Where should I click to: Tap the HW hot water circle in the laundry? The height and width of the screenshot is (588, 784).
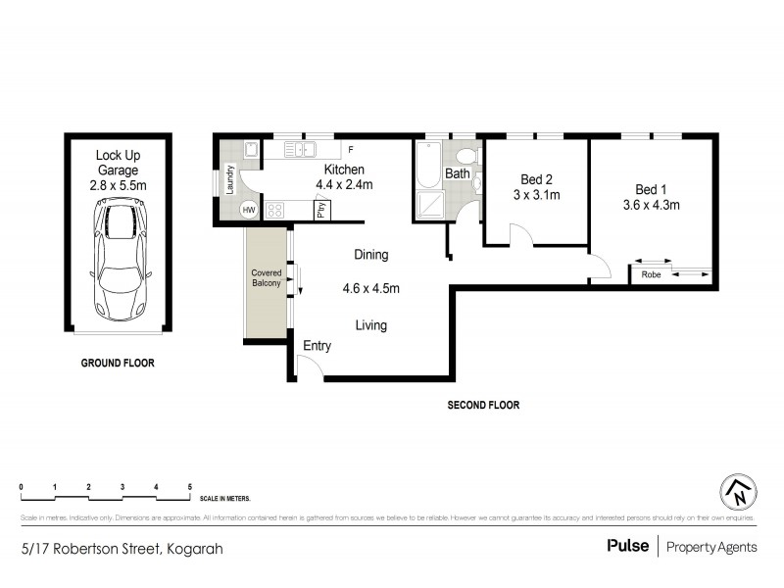249,210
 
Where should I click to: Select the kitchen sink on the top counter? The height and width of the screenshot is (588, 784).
299,149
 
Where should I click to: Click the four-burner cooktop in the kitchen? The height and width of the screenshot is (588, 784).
275,210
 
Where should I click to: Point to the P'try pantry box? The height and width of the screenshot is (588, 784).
321,210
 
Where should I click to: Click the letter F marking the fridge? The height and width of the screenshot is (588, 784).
350,150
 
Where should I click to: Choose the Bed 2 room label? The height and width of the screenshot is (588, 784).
536,179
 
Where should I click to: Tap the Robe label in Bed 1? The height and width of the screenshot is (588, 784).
651,274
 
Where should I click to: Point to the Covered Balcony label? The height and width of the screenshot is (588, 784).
267,277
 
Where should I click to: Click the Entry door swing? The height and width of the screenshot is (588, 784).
311,367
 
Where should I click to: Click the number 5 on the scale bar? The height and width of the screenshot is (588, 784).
189,487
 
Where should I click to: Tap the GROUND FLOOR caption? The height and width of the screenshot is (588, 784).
118,363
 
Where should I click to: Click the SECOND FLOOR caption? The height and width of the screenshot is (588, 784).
483,405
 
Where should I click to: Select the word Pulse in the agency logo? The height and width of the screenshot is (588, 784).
627,547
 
